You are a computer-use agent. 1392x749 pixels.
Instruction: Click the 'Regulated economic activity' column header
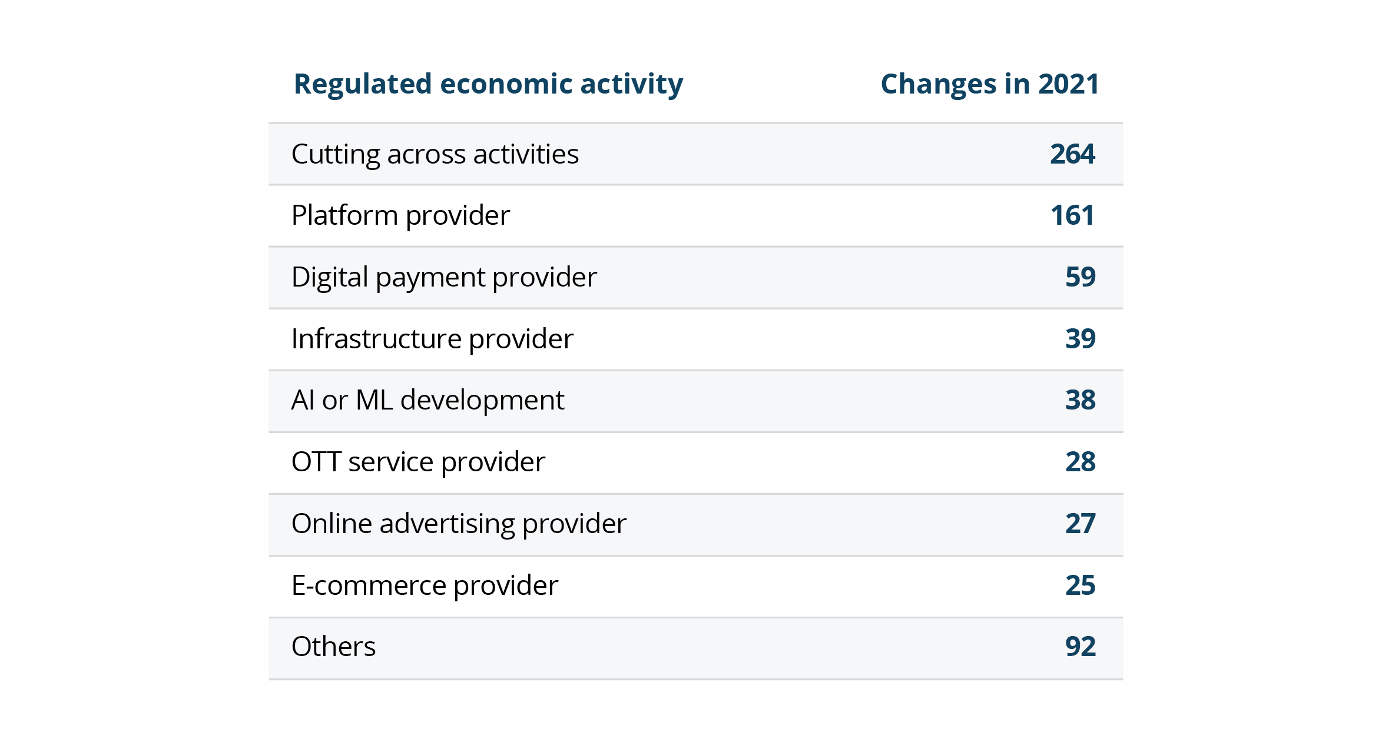click(488, 84)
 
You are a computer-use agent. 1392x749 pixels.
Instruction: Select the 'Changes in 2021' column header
click(989, 84)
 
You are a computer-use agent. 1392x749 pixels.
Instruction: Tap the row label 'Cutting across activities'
click(435, 154)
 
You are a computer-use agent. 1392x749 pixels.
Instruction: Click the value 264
click(1072, 154)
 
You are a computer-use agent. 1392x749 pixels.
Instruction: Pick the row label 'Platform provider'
click(400, 215)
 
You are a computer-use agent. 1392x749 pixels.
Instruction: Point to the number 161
click(1072, 215)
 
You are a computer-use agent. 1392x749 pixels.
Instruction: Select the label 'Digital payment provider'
click(444, 277)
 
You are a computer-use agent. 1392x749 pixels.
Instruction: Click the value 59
click(1080, 277)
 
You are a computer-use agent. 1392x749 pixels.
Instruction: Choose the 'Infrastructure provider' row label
click(432, 339)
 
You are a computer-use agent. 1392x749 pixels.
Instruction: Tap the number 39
click(1080, 339)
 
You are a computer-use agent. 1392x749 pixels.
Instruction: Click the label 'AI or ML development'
click(427, 400)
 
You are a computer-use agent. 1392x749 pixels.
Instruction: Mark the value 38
click(1080, 400)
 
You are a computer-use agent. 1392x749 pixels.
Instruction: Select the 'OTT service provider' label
click(418, 462)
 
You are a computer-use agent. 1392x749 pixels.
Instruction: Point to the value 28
click(1080, 462)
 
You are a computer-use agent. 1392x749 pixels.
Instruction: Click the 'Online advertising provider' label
click(459, 524)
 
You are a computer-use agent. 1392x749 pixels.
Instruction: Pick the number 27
click(1080, 524)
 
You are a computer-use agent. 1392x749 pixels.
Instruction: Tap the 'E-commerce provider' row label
click(425, 585)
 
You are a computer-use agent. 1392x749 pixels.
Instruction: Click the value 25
click(1080, 585)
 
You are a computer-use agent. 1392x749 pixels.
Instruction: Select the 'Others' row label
click(333, 647)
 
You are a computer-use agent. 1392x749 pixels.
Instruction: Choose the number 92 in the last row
click(1080, 647)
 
